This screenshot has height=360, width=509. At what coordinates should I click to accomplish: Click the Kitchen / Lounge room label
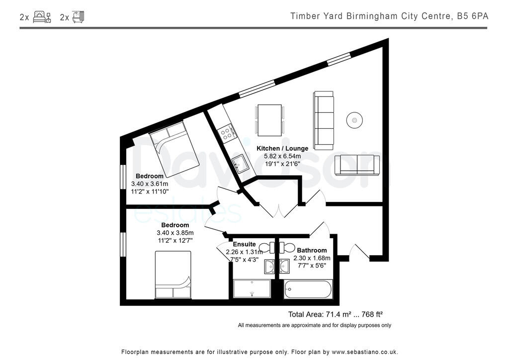coord(282,148)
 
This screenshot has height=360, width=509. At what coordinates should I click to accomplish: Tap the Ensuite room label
coord(244,244)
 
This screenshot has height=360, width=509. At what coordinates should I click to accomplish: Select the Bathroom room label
coord(312,250)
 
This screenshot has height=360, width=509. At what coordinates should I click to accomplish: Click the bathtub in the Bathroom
coord(308,289)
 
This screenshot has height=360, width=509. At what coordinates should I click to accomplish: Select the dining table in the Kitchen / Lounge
coord(269,119)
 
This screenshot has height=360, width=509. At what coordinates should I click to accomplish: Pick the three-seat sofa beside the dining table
coord(324,120)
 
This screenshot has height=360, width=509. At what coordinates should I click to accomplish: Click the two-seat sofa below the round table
coord(357,165)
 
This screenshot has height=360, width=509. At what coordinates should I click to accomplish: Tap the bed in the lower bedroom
coord(173,275)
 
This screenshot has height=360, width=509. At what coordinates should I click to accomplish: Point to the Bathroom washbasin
coord(285,266)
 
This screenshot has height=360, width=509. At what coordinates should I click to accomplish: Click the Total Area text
coord(335,314)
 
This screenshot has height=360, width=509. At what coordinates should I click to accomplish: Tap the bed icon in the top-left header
coord(42,17)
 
